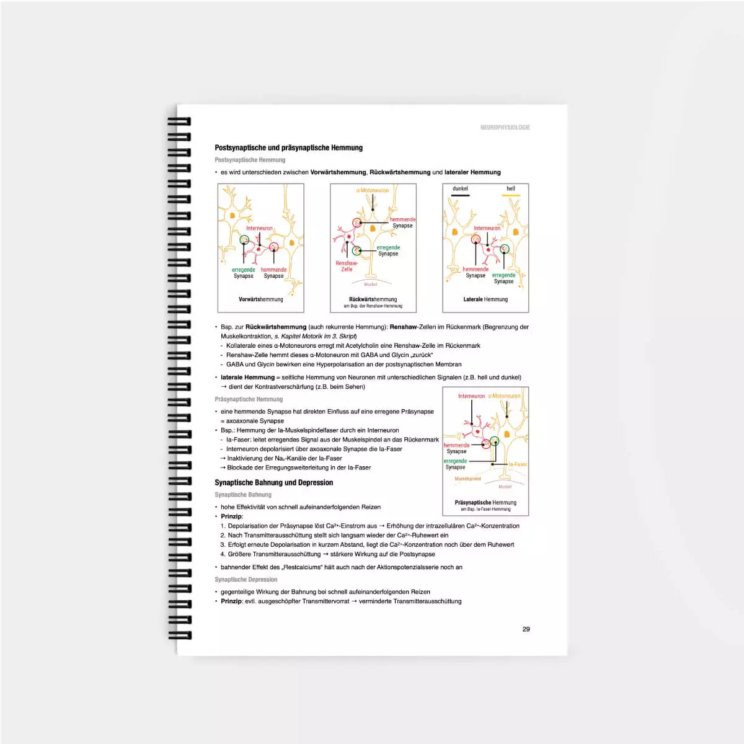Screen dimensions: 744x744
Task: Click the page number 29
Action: (526, 629)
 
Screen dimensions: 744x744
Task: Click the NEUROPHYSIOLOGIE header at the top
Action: (505, 127)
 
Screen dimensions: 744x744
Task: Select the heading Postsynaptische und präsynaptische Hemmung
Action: (288, 148)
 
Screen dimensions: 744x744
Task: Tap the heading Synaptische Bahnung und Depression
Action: (273, 482)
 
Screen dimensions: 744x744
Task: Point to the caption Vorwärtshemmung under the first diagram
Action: (260, 299)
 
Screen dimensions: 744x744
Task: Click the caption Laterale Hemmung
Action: (485, 299)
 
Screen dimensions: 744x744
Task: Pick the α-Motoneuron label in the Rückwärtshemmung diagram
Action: (373, 190)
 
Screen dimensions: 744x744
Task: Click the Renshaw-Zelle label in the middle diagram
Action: (347, 266)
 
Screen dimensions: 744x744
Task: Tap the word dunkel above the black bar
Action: (460, 188)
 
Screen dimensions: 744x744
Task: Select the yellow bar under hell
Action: (510, 195)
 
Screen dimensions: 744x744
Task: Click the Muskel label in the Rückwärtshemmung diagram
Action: (370, 285)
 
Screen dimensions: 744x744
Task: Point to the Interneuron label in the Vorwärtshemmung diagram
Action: (259, 228)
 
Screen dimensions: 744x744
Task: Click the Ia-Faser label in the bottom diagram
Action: (518, 464)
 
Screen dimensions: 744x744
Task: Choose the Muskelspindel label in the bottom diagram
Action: (467, 479)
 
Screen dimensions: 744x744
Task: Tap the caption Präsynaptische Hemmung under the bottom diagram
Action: (485, 503)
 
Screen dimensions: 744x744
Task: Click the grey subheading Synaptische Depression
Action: (246, 579)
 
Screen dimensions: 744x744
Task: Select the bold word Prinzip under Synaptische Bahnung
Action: (232, 516)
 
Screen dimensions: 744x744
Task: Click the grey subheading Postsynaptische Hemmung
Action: (250, 160)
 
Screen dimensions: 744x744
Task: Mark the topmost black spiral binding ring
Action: (179, 122)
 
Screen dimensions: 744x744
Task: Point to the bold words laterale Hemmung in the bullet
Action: (247, 377)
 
